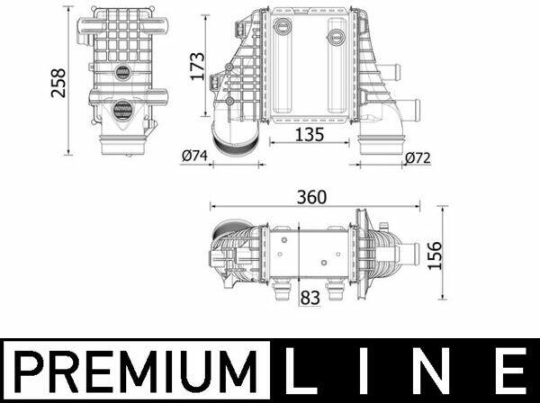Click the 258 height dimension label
click(58, 83)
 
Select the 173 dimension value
click(198, 67)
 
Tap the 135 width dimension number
click(310, 135)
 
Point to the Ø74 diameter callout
click(194, 156)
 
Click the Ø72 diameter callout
click(418, 158)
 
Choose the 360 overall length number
click(311, 197)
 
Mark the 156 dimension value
click(435, 255)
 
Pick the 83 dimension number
click(310, 298)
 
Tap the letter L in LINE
click(301, 371)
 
